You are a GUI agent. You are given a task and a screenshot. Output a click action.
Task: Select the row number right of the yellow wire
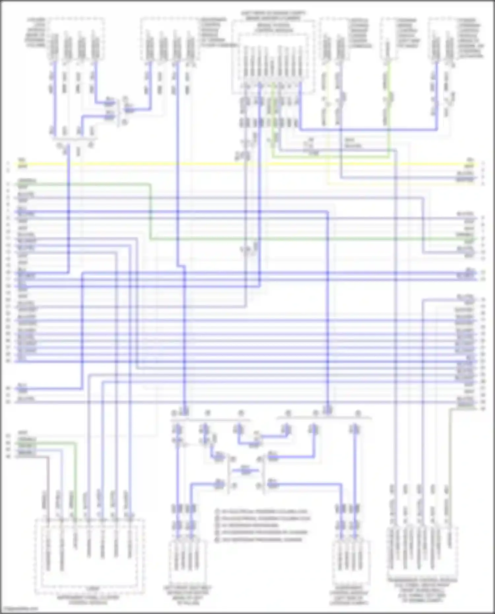coord(483,163)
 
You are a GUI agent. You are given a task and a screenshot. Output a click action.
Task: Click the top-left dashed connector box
coord(77,40)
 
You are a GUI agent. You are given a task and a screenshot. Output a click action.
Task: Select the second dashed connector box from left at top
coord(170,40)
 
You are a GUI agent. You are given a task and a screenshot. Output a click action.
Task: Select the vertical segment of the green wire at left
coord(150,211)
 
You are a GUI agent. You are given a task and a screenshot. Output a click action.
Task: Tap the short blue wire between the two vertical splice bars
coord(245,470)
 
